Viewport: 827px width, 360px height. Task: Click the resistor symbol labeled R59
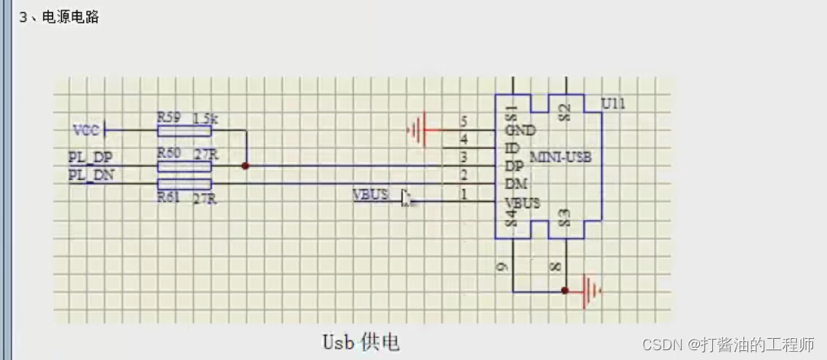[184, 130]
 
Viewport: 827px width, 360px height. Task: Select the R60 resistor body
[184, 166]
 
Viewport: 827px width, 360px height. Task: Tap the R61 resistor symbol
[184, 184]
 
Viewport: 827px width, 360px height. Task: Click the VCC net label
[86, 130]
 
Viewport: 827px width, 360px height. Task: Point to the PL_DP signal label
[90, 157]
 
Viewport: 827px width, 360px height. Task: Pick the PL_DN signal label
[90, 174]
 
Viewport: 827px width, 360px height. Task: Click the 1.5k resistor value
[206, 119]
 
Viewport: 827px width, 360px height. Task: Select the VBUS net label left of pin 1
[370, 195]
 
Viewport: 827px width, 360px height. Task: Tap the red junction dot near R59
[245, 166]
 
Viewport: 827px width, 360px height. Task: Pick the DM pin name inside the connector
[515, 185]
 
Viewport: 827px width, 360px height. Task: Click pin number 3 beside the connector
[464, 157]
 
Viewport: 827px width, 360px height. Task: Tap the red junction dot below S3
[564, 290]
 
